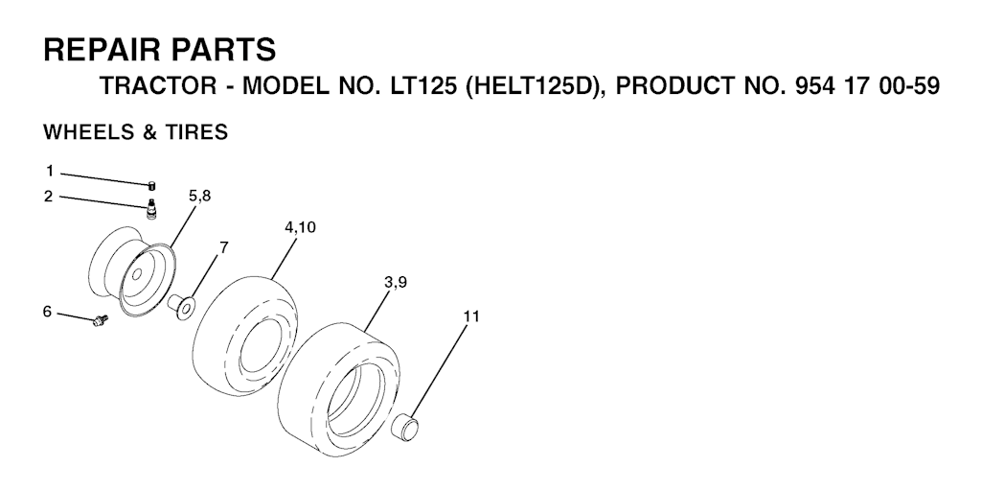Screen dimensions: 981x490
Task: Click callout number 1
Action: coord(50,171)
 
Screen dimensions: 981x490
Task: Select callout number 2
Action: coord(49,197)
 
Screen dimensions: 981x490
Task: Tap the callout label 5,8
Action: coord(199,197)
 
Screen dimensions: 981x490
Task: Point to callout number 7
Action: coord(223,246)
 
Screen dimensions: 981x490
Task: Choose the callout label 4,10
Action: coord(300,227)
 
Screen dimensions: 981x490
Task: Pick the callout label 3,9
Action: coord(396,283)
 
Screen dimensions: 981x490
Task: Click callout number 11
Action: coord(471,316)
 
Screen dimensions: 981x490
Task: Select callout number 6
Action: coord(48,312)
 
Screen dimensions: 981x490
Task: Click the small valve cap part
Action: coord(151,185)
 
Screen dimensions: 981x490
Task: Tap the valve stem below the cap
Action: coord(150,208)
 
